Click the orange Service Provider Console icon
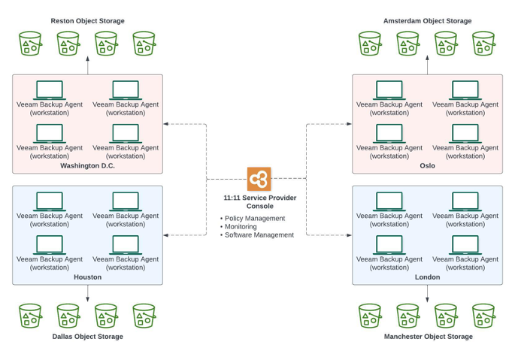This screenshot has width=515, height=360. click(259, 180)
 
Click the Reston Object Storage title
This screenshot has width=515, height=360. click(87, 21)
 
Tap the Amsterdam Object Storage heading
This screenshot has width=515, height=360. click(428, 21)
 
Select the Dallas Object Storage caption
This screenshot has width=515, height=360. click(87, 337)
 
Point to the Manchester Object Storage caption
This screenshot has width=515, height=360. click(428, 337)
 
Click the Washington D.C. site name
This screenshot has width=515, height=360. click(87, 166)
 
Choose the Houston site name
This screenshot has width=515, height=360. click(87, 277)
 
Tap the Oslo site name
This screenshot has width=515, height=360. click(427, 166)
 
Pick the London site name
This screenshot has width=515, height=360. click(427, 277)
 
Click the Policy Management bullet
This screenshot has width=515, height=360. click(254, 218)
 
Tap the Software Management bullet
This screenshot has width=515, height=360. click(259, 234)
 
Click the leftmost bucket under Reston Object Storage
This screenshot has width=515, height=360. click(30, 44)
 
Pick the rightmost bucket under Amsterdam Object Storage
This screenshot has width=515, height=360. click(484, 44)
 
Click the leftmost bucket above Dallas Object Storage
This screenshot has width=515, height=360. click(30, 316)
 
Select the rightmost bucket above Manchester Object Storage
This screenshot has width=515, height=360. click(484, 316)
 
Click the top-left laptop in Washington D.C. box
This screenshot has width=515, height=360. click(50, 90)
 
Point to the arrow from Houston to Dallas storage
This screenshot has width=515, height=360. click(87, 294)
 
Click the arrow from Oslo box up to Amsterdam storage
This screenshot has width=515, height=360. click(428, 66)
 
